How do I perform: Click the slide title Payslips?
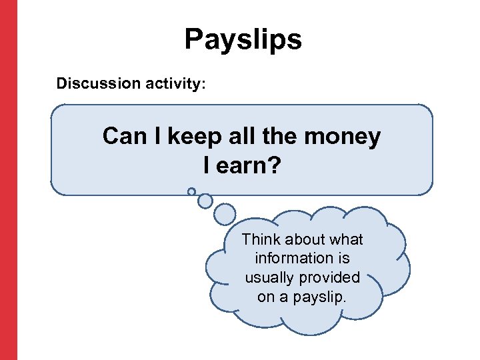[x=243, y=40]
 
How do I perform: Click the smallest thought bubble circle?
[x=191, y=191]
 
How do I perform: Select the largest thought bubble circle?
[x=225, y=214]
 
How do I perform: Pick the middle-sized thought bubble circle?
[x=205, y=200]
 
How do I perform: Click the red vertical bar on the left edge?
[x=8, y=180]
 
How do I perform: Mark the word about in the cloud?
[x=303, y=239]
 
